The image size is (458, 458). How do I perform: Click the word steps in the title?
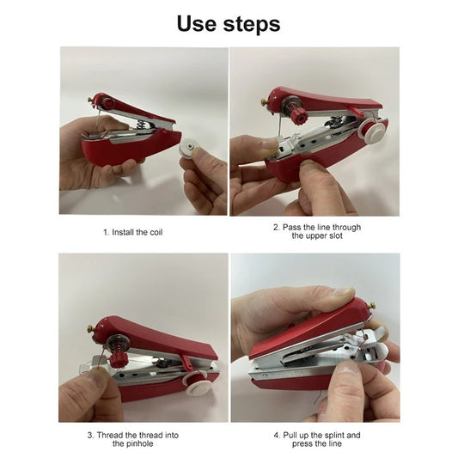pos(249,25)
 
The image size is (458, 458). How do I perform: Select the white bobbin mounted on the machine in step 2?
pos(372,131)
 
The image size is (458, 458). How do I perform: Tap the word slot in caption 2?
pos(331,236)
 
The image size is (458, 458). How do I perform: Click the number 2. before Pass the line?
pos(277,227)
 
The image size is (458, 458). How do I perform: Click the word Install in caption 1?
pos(125,232)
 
